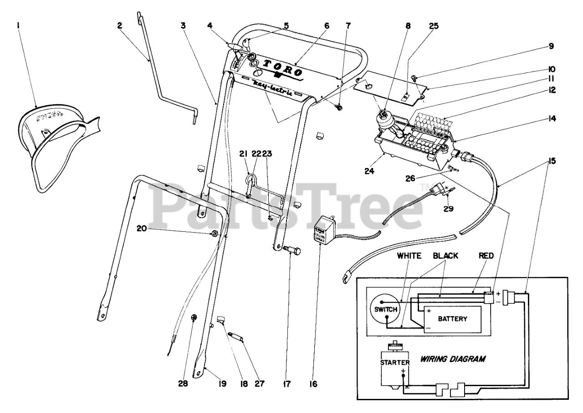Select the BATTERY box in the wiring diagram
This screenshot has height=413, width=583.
(x=452, y=319)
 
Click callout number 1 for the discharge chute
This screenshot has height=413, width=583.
(x=18, y=26)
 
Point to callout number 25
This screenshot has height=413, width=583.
(x=434, y=26)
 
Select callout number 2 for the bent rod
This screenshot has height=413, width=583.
(x=120, y=26)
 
